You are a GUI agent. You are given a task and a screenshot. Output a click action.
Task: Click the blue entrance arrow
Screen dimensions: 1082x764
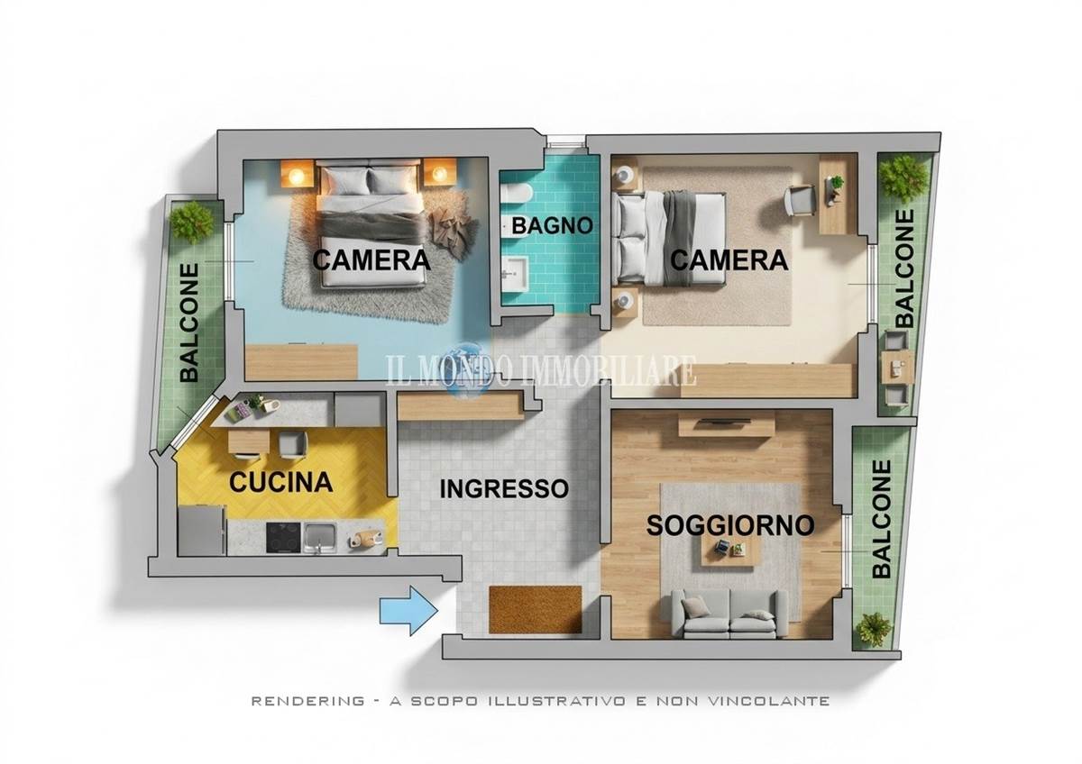coord(409,611)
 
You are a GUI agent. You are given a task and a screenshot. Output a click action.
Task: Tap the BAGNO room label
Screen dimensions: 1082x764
coord(552,226)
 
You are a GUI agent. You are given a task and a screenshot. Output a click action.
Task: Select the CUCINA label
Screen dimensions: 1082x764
coord(281,482)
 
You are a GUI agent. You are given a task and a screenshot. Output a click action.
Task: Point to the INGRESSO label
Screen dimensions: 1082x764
coord(504,489)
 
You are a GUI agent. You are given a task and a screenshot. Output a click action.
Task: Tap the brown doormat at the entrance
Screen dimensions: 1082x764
coord(536,609)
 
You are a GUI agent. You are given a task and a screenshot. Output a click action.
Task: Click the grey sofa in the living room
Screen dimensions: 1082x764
coord(729,614)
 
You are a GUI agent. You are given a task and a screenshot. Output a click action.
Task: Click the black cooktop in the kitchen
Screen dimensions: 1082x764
coord(283,538)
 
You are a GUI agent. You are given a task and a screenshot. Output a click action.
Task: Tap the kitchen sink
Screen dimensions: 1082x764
coord(319,537)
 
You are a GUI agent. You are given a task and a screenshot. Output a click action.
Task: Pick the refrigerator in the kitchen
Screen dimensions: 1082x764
coord(201,531)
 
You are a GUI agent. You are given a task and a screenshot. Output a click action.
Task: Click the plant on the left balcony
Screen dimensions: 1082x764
coord(193,223)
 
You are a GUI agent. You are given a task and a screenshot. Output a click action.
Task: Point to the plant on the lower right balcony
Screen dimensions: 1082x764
coord(873,629)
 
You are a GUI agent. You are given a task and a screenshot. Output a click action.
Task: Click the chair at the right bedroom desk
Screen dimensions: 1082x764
coord(801,200)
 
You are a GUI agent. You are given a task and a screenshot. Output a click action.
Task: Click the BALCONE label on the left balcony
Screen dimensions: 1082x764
coord(189,323)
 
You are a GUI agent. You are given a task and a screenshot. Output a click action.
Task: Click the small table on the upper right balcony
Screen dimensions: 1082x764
coord(897,368)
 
